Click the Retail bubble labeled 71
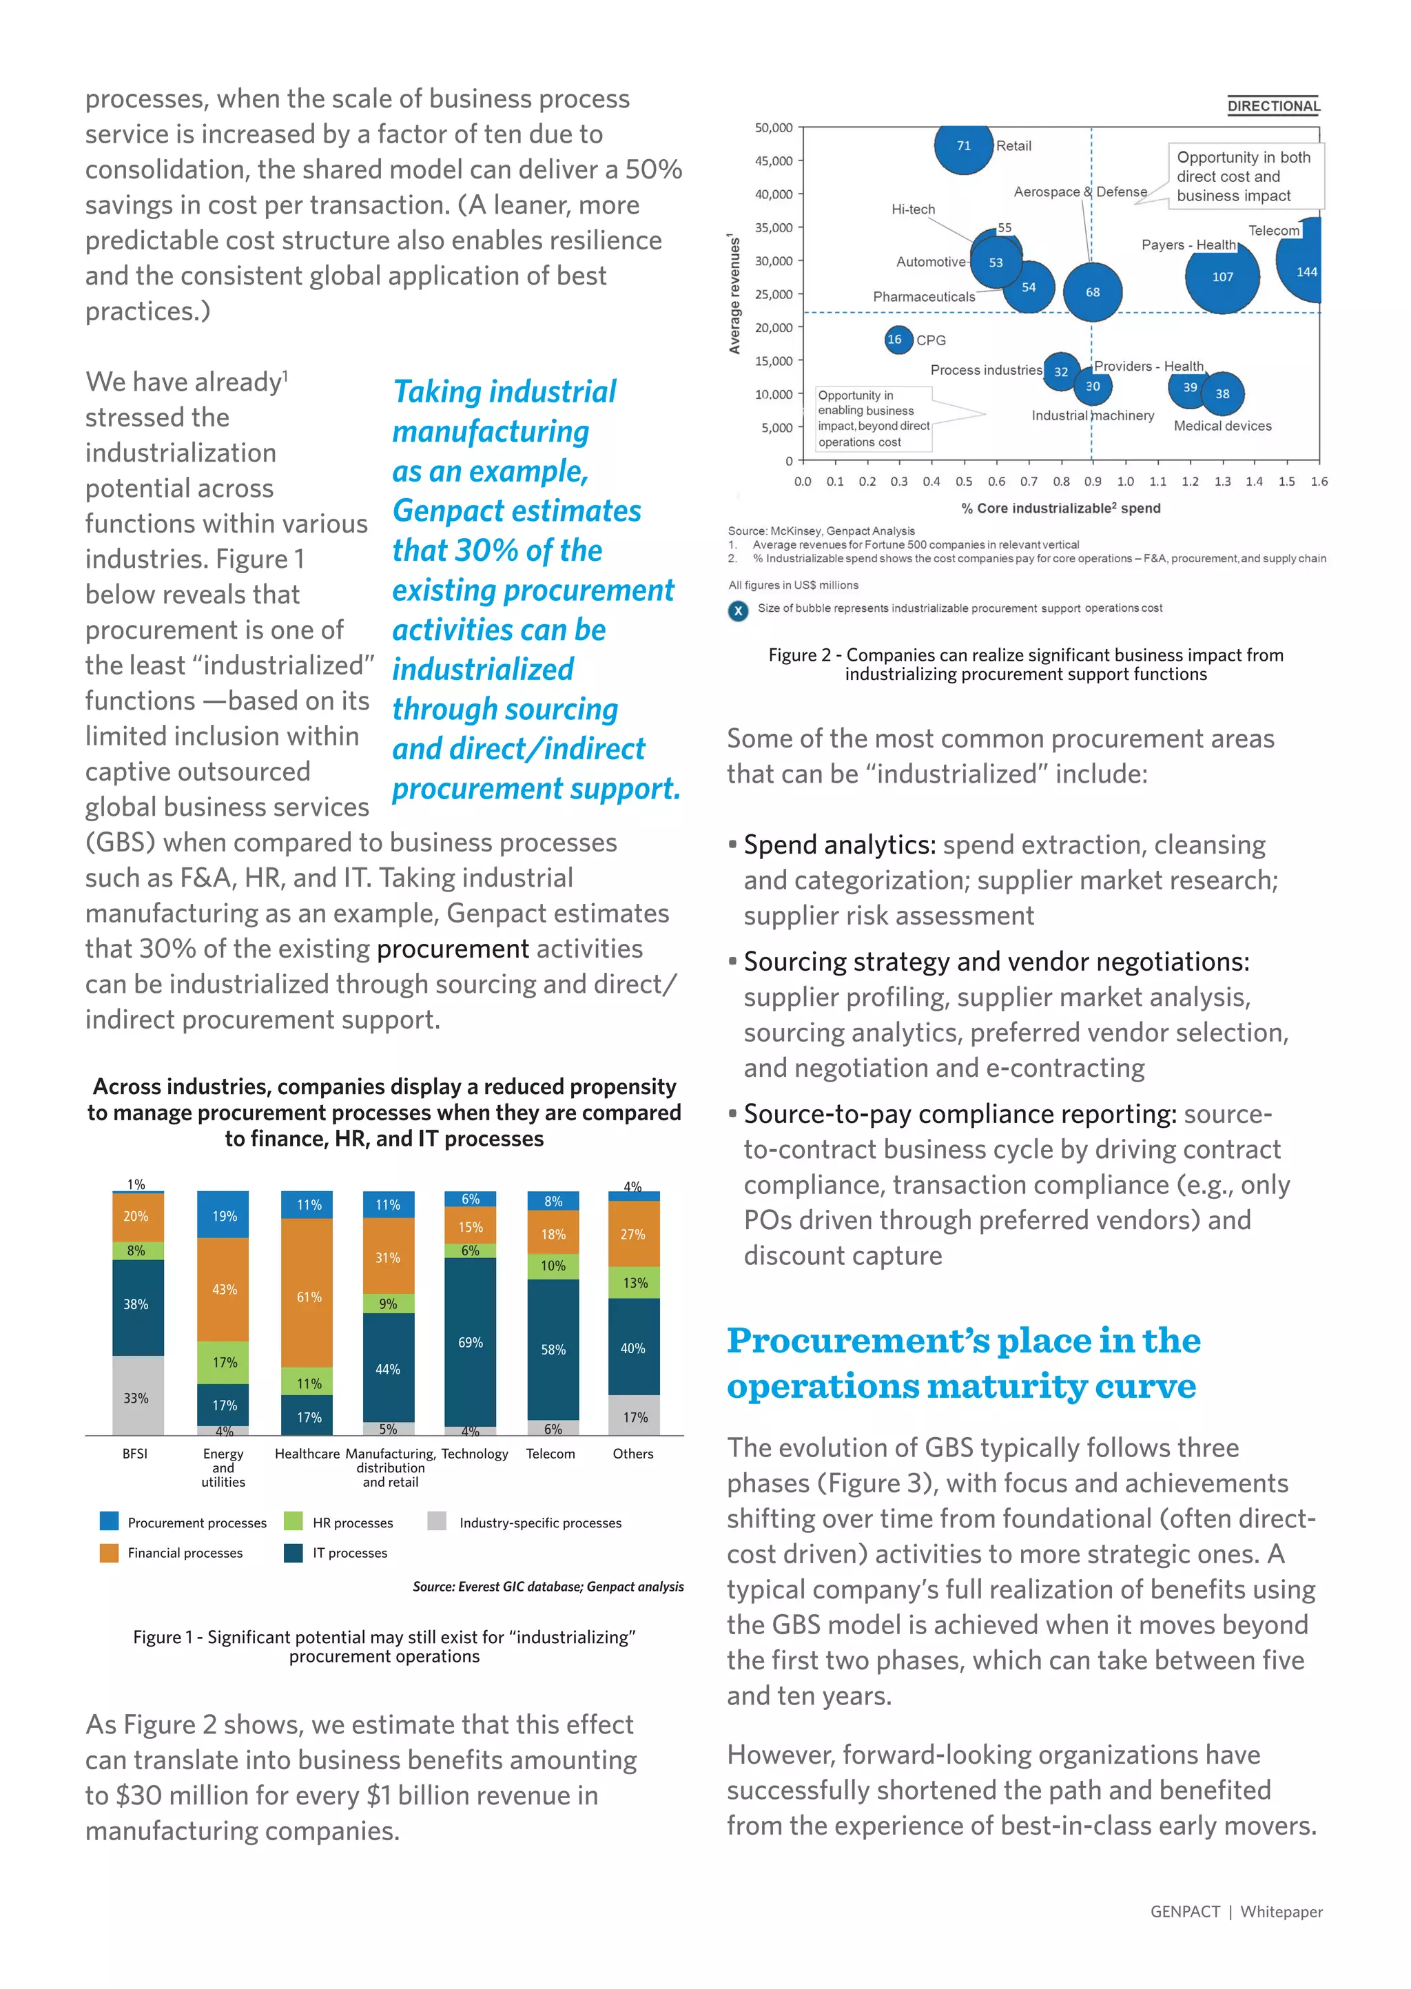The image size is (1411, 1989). coord(964,145)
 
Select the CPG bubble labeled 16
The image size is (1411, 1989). coord(895,340)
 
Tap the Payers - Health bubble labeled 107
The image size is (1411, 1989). coord(1222,276)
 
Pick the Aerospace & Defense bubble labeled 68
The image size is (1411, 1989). coord(1092,292)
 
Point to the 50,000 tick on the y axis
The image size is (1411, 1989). coord(773,127)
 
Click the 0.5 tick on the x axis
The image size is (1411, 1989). coord(964,481)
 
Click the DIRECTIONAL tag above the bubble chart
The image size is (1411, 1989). coord(1273,106)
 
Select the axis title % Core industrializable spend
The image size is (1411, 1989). coord(1060,508)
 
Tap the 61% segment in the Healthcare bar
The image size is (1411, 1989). coord(309,1296)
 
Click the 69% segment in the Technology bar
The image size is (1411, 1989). coord(470,1342)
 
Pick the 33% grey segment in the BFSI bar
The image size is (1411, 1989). coord(136,1397)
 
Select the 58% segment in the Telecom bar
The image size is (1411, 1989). coord(553,1349)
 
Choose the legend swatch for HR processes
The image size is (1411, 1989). coord(293,1521)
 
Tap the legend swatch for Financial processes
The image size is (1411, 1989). coord(110,1552)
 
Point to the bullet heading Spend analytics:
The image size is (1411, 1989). coord(838,844)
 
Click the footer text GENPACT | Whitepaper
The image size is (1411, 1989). coord(1235,1911)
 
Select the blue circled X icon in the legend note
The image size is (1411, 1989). coord(738,610)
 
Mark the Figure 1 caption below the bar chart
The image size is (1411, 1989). coord(384,1646)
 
